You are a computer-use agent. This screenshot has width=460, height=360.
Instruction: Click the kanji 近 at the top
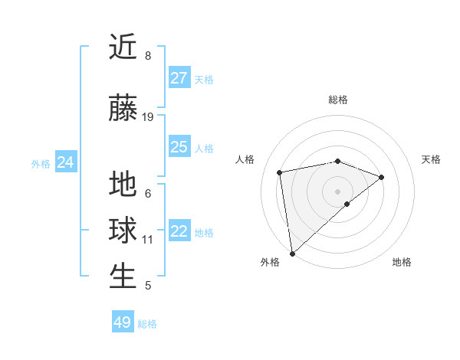[123, 47]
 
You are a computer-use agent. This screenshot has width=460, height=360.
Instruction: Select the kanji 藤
[123, 109]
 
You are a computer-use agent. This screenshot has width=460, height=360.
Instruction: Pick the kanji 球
[123, 231]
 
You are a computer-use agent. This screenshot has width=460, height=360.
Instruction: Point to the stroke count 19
[148, 117]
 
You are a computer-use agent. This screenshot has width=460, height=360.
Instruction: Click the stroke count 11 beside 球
[148, 239]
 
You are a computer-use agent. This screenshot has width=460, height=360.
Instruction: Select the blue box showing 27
[179, 78]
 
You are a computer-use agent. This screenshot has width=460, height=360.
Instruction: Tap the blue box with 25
[179, 147]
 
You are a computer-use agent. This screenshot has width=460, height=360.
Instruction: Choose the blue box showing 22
[179, 232]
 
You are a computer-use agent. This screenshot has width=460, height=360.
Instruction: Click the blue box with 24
[65, 162]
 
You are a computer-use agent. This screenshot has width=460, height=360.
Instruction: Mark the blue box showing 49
[122, 322]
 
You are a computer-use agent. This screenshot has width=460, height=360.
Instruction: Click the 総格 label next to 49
[147, 324]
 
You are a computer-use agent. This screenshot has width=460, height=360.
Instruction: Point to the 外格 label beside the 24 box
[41, 164]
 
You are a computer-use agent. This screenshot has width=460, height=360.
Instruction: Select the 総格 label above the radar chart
[338, 100]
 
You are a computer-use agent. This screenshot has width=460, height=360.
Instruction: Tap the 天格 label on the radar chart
[431, 159]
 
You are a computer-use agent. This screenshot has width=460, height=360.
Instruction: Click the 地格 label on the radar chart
[402, 262]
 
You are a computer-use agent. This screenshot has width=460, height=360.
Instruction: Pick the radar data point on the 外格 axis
[292, 254]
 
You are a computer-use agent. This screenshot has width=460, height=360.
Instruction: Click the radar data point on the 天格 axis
[382, 177]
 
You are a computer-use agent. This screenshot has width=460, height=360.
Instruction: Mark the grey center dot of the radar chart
[337, 191]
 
